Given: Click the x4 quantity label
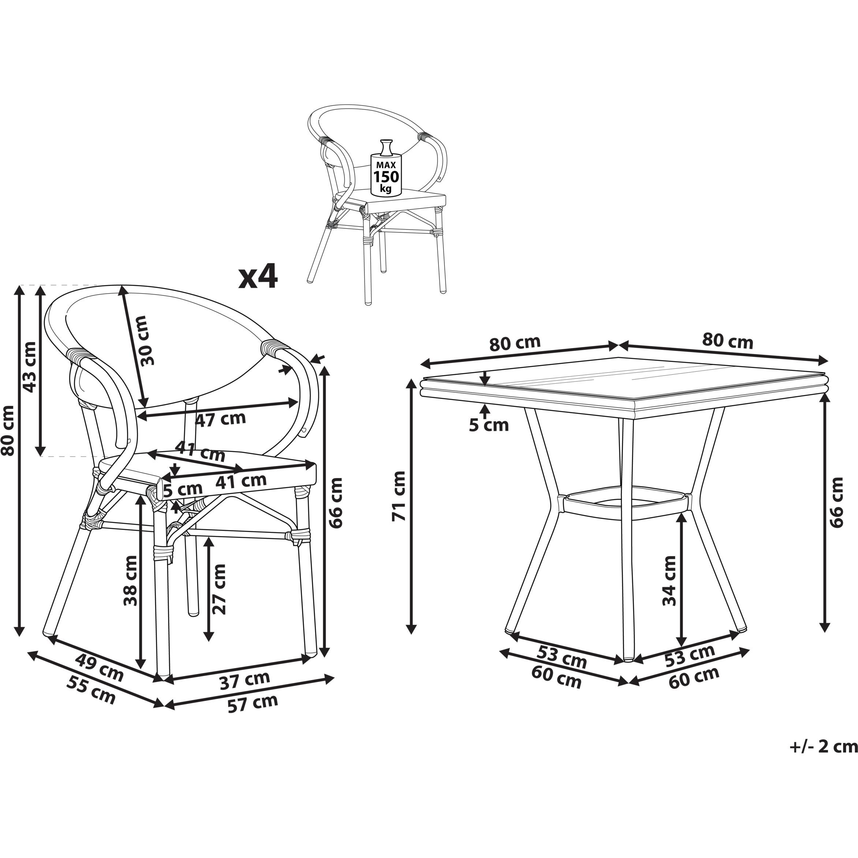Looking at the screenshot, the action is pos(258,277).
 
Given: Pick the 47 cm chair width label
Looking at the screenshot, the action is pos(221,419).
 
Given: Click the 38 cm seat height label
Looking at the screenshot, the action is pos(131,581).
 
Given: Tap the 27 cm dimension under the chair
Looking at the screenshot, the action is pos(219,589).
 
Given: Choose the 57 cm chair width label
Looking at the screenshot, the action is pos(253,704).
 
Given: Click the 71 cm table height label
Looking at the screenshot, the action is pos(399,496).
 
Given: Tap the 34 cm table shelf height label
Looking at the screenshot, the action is pos(669,581).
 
